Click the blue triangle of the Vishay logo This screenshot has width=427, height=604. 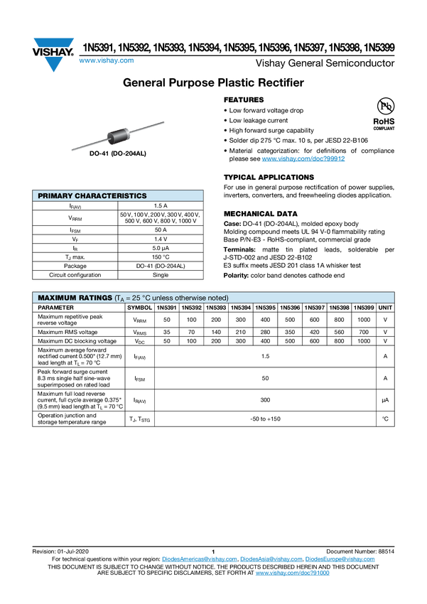click(x=53, y=64)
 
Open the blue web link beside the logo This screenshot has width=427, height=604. click(x=106, y=61)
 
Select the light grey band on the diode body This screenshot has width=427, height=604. click(x=126, y=131)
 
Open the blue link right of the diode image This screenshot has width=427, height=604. click(x=303, y=159)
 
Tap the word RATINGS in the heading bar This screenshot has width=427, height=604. click(x=95, y=298)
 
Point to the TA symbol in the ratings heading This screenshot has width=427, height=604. click(x=121, y=298)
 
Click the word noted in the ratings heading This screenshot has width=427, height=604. click(x=217, y=298)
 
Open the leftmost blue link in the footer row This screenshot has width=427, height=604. click(x=199, y=560)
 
